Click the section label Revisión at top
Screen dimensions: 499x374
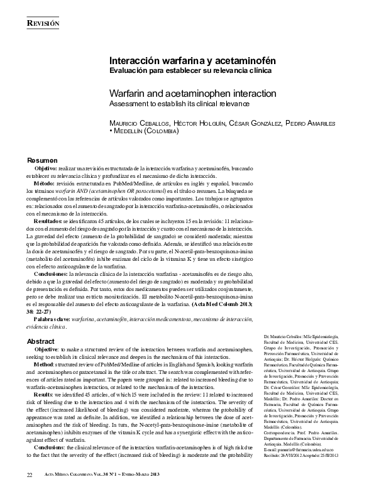click(43, 23)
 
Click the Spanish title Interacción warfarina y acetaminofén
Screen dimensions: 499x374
click(193, 62)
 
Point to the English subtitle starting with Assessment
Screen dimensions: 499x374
click(179, 103)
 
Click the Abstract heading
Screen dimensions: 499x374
click(41, 341)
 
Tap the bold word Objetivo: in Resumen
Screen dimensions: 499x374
click(46, 170)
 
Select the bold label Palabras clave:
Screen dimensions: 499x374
click(52, 319)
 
